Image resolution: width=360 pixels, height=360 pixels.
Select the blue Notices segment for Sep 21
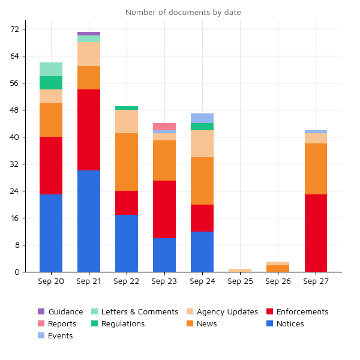coord(89,221)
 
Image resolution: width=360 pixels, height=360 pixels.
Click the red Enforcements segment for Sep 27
coord(316,233)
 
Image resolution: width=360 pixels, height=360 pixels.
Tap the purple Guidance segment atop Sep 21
coord(89,34)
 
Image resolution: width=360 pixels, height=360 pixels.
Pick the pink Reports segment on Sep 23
coord(164,127)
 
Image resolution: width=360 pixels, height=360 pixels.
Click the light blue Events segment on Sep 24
coord(202,118)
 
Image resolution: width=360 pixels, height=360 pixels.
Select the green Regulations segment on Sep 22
coord(127,108)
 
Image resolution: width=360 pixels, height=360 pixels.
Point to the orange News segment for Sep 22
coord(127,162)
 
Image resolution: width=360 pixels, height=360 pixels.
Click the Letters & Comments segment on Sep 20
coord(51,69)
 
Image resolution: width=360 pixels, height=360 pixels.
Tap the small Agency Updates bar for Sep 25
coord(240,270)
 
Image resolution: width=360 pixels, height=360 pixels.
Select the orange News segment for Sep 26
coord(278,268)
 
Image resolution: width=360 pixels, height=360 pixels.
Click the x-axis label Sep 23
coord(164,281)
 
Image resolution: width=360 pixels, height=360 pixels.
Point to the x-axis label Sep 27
coord(316,281)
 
